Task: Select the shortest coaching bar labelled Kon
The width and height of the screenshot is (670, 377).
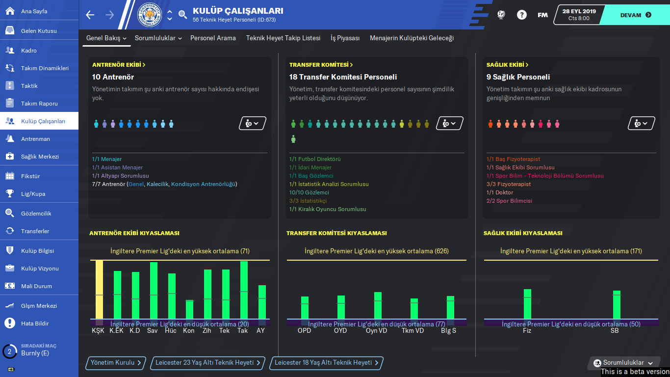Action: [189, 310]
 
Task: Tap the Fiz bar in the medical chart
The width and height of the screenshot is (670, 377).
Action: [527, 304]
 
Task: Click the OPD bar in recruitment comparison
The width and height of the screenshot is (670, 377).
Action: [305, 307]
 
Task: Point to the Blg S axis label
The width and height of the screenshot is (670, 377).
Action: [449, 330]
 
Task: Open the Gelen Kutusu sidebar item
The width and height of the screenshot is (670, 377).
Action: [39, 31]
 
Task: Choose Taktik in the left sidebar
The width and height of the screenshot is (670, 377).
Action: [29, 86]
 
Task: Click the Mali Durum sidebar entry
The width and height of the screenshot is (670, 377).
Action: [36, 286]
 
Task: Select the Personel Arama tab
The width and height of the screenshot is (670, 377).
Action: [213, 38]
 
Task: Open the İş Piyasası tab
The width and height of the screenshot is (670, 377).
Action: [345, 38]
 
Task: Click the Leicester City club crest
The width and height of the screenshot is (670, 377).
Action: [150, 15]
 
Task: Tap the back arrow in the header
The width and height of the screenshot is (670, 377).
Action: [90, 15]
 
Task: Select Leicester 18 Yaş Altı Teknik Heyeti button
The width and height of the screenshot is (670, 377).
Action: [326, 363]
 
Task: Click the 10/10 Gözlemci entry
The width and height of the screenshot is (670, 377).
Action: [309, 192]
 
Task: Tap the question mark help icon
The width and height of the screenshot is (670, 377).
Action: [521, 15]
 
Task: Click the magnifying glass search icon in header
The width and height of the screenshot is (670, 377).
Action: [183, 15]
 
